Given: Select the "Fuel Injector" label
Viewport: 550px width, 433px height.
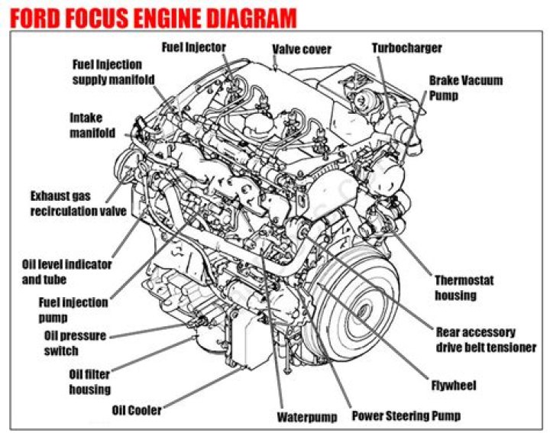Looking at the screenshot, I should coord(194,47).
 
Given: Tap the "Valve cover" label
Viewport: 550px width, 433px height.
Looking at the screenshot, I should coord(302,50).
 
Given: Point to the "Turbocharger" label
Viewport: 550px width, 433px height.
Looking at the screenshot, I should coord(406,48).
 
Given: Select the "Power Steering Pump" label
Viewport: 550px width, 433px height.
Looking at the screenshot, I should coord(406,417).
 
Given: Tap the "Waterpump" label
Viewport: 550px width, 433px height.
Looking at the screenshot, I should coord(306,418).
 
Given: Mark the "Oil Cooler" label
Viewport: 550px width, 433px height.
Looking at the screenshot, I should coord(137,410).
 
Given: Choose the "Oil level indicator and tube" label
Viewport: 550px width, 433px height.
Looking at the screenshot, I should coord(67,272).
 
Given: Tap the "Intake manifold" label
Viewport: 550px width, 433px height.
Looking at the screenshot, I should coord(92,125).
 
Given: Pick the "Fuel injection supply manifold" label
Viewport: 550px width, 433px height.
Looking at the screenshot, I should coord(114,72).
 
